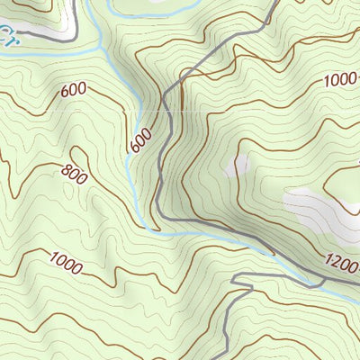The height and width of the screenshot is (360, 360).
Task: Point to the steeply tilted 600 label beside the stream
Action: tap(141, 138)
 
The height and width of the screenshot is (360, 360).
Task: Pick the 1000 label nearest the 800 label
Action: tap(66, 265)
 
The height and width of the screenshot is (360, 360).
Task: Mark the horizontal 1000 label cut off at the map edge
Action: tap(342, 79)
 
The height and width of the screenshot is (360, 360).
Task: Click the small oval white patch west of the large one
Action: tap(239, 166)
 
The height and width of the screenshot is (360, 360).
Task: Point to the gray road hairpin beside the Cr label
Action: tap(67, 36)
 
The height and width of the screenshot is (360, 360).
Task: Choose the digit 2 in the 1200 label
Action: tap(338, 263)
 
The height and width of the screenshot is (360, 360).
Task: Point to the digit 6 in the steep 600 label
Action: tap(137, 146)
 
